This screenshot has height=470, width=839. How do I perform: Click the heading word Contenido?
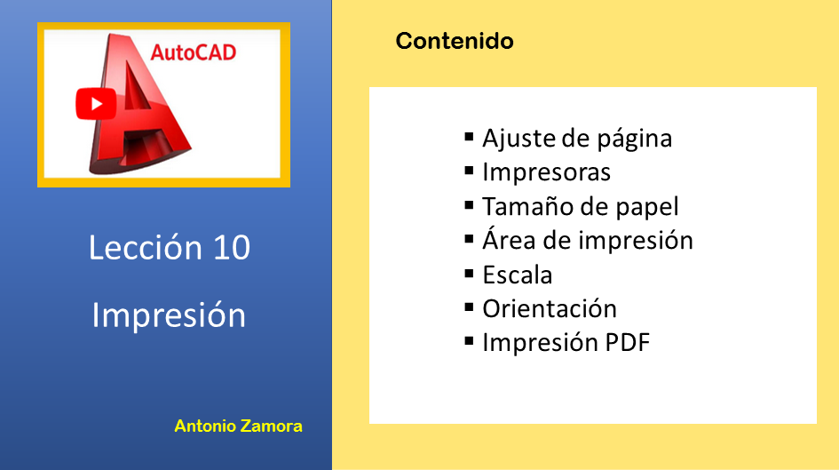(455, 41)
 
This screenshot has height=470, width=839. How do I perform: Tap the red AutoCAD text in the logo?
(194, 52)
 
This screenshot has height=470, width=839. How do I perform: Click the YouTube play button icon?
(96, 104)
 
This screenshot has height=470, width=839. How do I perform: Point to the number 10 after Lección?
(232, 247)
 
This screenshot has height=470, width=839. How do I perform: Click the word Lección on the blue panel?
(146, 247)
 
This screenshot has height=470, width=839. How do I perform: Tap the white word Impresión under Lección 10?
(169, 315)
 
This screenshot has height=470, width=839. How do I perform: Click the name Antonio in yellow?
(205, 426)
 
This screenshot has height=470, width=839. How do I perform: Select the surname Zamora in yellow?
(272, 426)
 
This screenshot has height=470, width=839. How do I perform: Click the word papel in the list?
(647, 208)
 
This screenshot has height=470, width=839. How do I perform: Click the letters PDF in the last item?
(627, 343)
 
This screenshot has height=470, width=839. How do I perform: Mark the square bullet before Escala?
(470, 274)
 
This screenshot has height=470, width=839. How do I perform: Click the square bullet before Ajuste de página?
(470, 137)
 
